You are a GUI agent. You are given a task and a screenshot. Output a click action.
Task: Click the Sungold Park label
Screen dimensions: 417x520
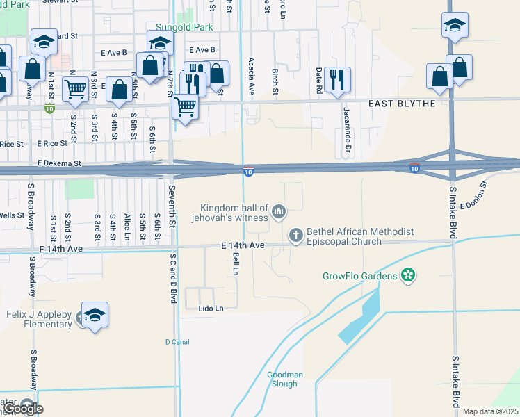tap(184, 28)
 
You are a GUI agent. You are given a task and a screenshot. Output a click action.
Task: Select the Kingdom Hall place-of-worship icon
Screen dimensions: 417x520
tap(279, 211)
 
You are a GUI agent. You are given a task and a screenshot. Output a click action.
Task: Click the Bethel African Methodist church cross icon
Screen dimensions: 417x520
tap(296, 236)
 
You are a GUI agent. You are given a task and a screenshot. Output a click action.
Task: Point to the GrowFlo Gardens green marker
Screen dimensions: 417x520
tap(408, 276)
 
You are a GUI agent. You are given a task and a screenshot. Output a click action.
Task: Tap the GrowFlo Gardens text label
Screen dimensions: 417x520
tap(359, 276)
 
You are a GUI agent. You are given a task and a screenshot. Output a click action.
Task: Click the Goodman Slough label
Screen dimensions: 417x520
tap(285, 379)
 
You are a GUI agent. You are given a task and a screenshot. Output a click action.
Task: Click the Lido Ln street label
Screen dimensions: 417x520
tap(211, 308)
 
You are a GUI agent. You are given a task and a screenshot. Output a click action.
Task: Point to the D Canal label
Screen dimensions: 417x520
tap(177, 341)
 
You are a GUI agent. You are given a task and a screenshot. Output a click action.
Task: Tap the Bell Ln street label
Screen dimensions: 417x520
tap(236, 263)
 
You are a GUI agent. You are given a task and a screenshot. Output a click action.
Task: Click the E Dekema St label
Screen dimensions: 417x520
tap(60, 164)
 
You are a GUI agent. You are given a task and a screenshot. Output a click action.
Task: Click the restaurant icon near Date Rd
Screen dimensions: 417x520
tap(337, 80)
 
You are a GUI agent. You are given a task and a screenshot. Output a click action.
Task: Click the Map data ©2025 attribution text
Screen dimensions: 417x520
tap(489, 411)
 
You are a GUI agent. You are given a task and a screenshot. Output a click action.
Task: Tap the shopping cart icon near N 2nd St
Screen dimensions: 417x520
tap(75, 89)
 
